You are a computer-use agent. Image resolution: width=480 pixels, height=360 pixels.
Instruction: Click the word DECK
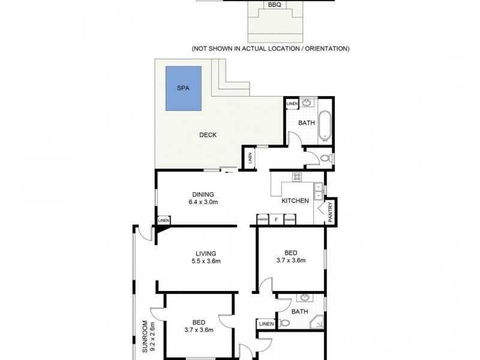(x=208, y=135)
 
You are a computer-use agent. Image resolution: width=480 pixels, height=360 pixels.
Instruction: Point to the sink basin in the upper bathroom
(x=308, y=103)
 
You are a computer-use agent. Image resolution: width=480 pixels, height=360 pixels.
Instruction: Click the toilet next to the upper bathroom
(x=324, y=158)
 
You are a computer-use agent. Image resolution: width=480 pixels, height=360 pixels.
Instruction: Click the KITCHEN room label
(x=295, y=201)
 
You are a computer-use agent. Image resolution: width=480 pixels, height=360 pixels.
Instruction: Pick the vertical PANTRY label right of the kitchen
(x=330, y=212)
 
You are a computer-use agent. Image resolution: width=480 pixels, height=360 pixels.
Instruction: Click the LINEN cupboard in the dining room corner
(x=163, y=220)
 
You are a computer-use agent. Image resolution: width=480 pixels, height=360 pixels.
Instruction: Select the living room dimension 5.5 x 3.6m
(x=205, y=261)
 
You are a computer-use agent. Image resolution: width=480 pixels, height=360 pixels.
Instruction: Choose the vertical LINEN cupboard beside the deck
(x=250, y=158)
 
